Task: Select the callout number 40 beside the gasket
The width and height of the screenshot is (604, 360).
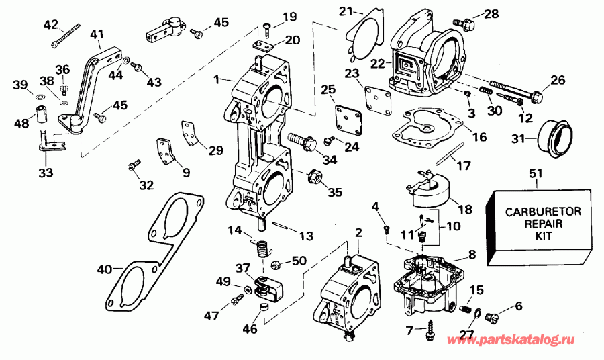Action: coord(104,270)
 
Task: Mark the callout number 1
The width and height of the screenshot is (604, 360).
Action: coord(217,79)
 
